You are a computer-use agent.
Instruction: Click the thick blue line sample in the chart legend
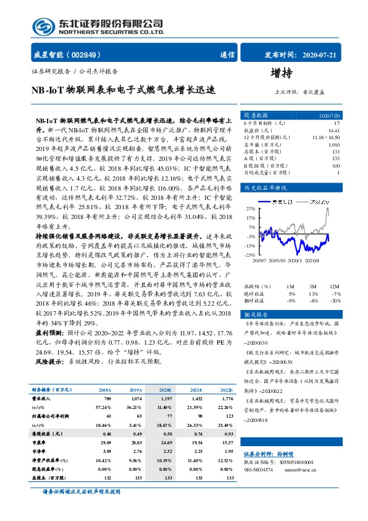coord(262,202)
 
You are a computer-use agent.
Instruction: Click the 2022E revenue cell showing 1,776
coord(226,399)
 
